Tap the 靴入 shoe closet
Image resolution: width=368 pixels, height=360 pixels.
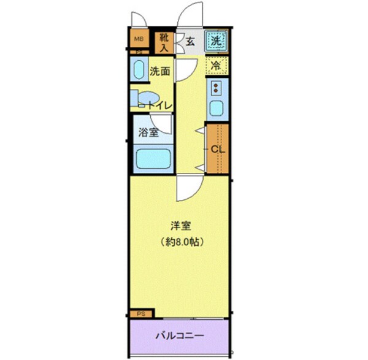click(x=164, y=42)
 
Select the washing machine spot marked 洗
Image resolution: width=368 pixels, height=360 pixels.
click(x=216, y=41)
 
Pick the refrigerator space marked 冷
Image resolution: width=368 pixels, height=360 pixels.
click(x=217, y=65)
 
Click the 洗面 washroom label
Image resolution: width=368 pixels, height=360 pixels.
click(x=161, y=71)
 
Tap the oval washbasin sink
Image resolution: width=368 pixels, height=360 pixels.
click(x=138, y=70)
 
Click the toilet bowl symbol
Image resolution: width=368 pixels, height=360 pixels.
click(x=146, y=100)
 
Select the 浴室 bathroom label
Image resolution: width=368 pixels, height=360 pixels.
click(x=148, y=132)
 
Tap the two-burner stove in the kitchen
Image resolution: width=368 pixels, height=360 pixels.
click(x=217, y=88)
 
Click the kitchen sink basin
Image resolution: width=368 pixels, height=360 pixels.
click(x=217, y=110)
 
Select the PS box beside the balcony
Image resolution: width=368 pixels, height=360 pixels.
click(x=141, y=313)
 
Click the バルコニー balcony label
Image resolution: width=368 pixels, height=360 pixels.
click(x=178, y=336)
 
